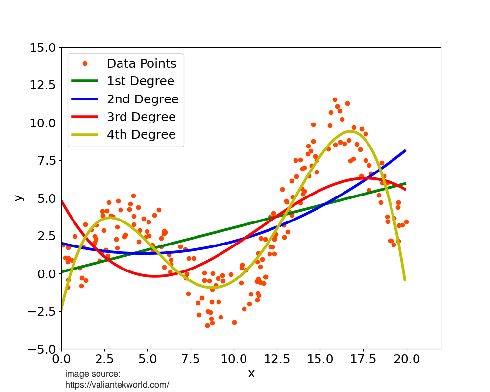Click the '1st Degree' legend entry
140,81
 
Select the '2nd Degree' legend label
143,99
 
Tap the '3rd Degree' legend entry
141,117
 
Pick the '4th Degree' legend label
141,134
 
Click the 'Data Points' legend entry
142,63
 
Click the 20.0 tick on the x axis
407,359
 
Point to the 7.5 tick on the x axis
191,359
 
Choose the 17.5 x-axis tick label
364,359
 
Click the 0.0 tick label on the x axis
61,359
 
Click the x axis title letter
251,374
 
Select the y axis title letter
18,198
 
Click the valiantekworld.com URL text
117,385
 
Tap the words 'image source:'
93,374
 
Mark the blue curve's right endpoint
406,150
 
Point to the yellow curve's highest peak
350,131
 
